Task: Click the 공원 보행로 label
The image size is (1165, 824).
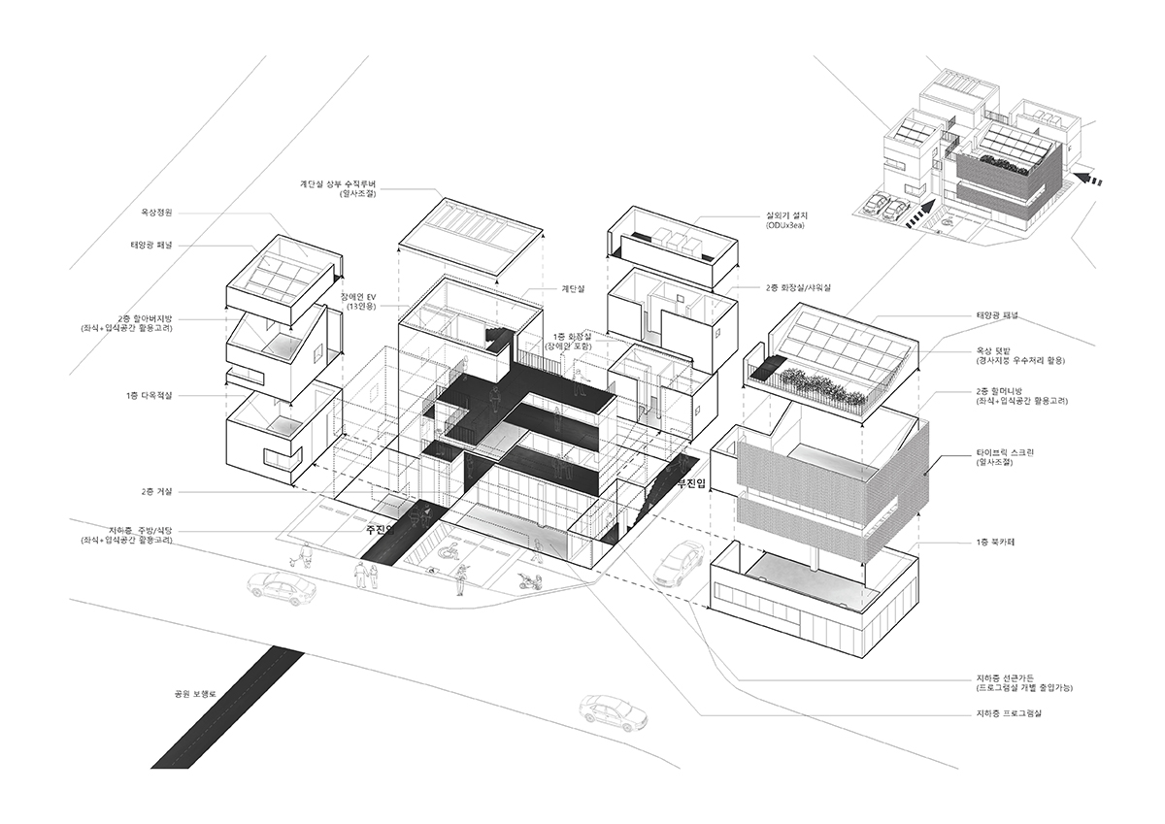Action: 192,695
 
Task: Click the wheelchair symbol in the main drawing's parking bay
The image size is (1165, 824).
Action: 451,552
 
